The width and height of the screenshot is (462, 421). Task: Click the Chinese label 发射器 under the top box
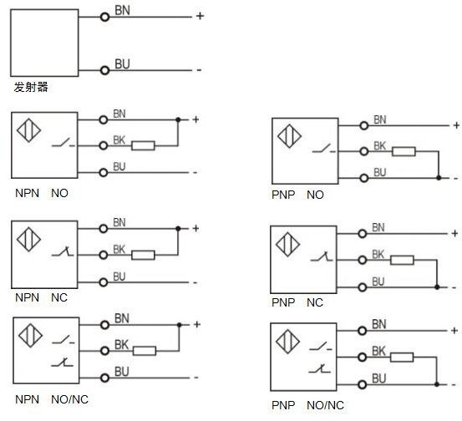coord(31,87)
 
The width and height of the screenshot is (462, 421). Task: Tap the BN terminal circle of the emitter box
coord(104,17)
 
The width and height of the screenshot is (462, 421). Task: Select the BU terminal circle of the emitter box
coord(104,70)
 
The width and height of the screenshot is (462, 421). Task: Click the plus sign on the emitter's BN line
coord(200,16)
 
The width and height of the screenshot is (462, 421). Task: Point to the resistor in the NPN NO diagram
coord(143,145)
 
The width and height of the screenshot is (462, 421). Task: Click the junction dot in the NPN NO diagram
coord(178,120)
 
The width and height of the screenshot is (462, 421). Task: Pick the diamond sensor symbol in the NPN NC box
coord(29,239)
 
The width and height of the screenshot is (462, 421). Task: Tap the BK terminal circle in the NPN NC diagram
coord(103,255)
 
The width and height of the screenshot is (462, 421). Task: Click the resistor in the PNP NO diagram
coord(404,151)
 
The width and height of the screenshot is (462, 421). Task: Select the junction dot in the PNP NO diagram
coord(439,178)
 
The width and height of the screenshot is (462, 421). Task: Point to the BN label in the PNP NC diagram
coord(378,228)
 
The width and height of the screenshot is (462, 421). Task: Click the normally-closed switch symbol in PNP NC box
coord(322,256)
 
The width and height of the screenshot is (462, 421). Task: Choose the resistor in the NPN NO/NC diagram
coord(145,351)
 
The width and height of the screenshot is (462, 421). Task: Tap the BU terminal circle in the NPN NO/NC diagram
coord(104,378)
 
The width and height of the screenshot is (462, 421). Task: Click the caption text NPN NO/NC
coord(52,399)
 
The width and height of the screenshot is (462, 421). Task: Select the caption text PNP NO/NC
coord(307,405)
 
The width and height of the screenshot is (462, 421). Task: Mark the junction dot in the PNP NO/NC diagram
coord(437,384)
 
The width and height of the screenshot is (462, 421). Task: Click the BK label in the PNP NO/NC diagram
coord(378,351)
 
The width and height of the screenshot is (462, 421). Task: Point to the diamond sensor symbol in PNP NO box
coord(290,136)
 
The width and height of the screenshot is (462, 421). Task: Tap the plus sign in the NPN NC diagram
coord(196,228)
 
